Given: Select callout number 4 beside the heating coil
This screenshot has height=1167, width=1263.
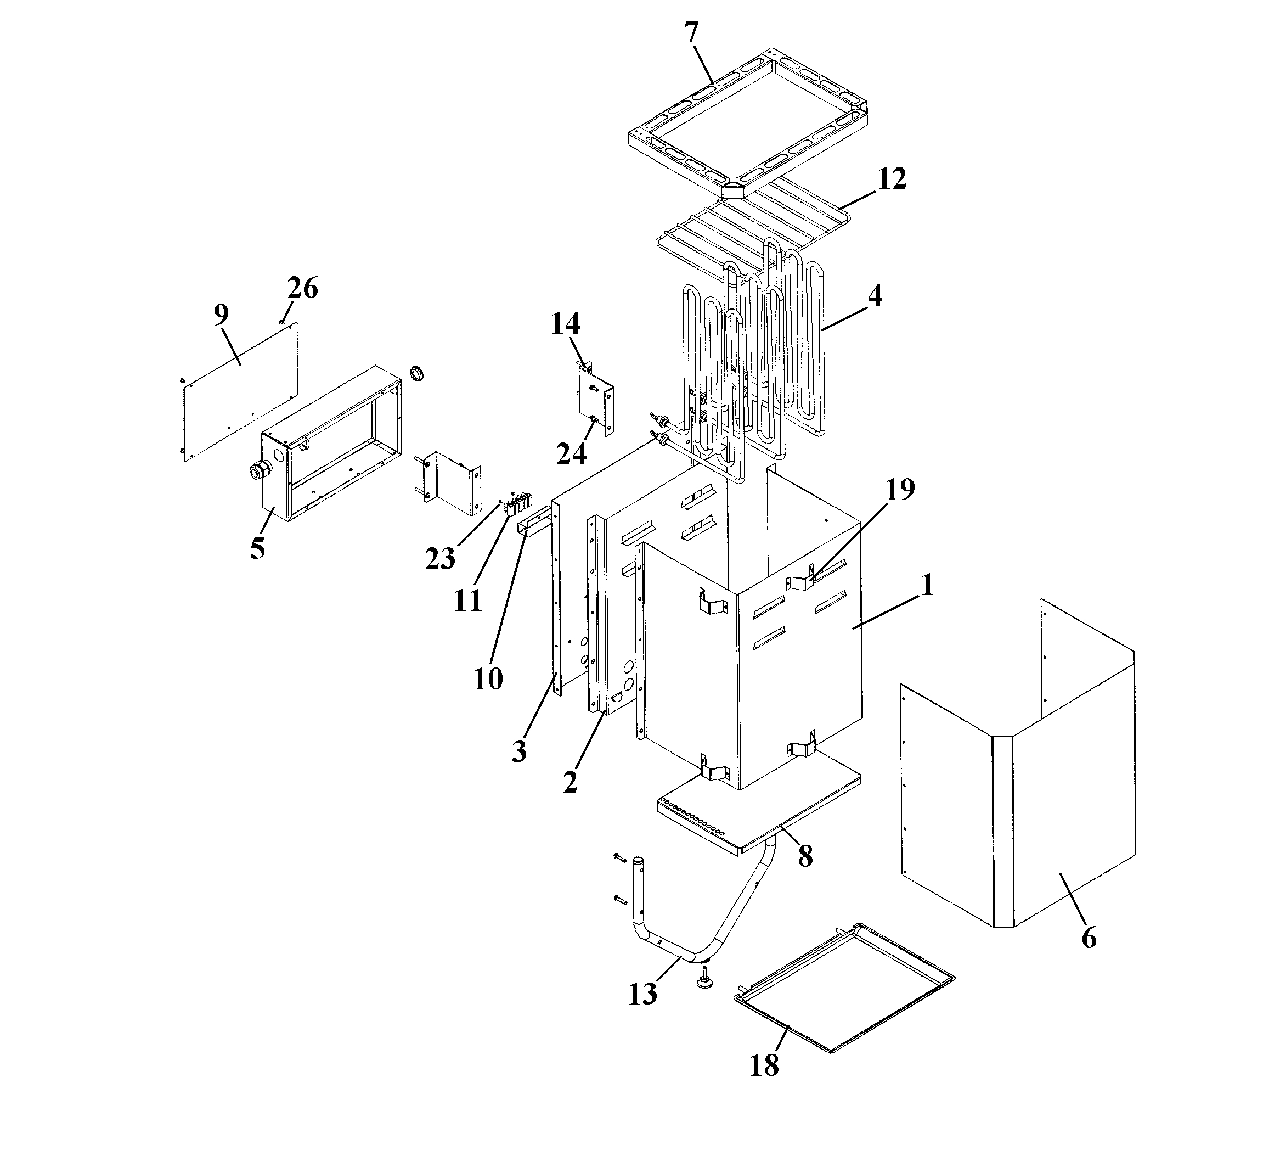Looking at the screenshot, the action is click(874, 295).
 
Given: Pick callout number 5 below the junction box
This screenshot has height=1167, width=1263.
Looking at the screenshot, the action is click(256, 548).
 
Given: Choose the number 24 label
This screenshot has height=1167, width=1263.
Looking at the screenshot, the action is click(571, 453).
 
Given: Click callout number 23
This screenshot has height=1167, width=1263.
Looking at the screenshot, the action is click(440, 559).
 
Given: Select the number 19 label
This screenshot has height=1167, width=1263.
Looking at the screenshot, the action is click(899, 490).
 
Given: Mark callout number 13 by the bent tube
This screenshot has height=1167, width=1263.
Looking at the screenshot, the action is click(642, 995).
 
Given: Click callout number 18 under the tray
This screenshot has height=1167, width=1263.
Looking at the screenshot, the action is click(764, 1065).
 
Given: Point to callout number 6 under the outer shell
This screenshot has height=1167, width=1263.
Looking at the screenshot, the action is click(1089, 938).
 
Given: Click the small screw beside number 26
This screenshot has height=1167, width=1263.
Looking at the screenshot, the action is click(281, 322).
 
